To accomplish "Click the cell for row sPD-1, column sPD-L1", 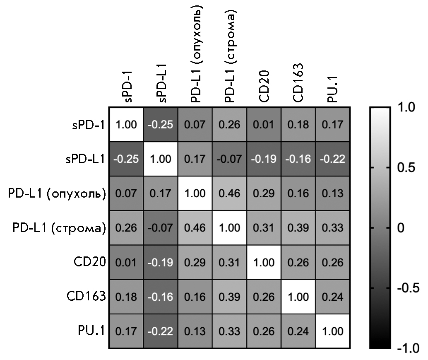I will pos(161,125).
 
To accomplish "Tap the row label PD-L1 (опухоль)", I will pos(56,193).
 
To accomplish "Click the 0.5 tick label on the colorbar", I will pos(404,168).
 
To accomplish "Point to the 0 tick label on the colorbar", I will pos(401,228).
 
